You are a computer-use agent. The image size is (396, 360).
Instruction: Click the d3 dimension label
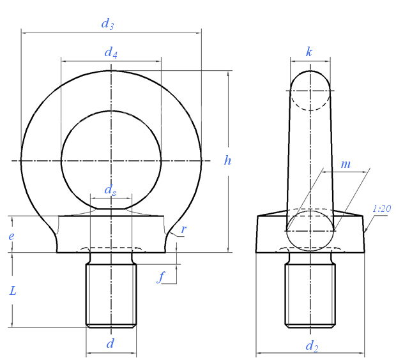point(107,24)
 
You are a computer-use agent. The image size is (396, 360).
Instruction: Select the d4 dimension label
point(111,53)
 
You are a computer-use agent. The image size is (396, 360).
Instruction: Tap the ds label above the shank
point(110,190)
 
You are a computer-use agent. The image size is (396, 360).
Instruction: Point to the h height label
point(227,160)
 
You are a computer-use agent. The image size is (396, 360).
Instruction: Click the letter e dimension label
point(11,236)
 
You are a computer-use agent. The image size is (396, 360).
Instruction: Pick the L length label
point(13,290)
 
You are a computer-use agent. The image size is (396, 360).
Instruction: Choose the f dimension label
point(161,276)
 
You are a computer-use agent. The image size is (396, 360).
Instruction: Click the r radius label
point(183,229)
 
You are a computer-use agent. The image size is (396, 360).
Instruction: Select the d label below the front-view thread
point(110,343)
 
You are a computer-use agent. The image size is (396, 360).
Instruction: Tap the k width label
point(309,52)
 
